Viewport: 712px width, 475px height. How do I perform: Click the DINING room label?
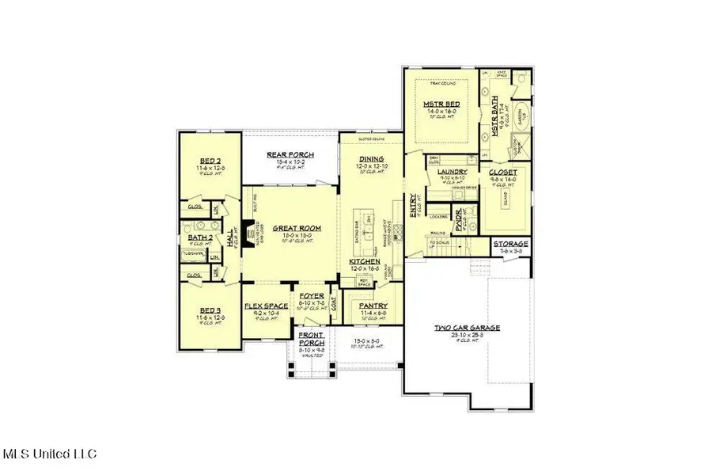pyautogui.click(x=370, y=158)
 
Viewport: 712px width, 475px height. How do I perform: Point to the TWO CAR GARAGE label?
pyautogui.click(x=467, y=328)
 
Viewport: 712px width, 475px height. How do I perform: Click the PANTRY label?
pyautogui.click(x=372, y=305)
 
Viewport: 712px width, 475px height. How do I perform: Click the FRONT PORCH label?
pyautogui.click(x=310, y=338)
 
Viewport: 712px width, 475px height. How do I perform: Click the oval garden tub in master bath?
pyautogui.click(x=522, y=115)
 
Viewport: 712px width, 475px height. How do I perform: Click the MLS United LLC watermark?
pyautogui.click(x=49, y=454)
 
